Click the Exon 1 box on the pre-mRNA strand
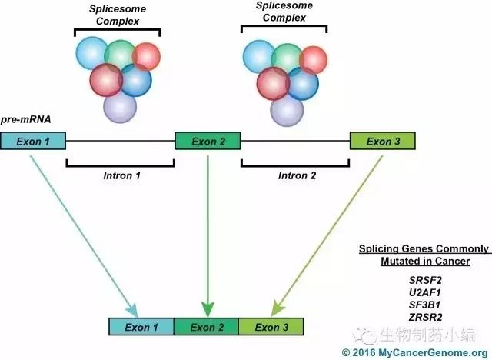[x=33, y=141]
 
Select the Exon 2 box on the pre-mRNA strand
[x=208, y=141]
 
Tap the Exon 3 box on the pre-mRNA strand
[x=383, y=141]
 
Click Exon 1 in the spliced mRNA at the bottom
[x=142, y=327]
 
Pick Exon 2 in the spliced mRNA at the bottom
[x=208, y=327]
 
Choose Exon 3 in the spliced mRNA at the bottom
[x=271, y=327]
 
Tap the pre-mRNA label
[x=26, y=120]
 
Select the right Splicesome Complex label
[x=284, y=14]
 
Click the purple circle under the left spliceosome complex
[x=119, y=105]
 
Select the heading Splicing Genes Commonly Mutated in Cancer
[x=424, y=255]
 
